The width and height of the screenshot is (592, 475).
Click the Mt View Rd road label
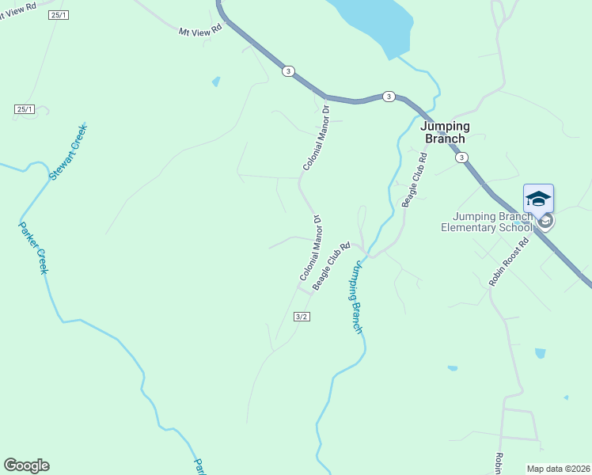pyautogui.click(x=200, y=28)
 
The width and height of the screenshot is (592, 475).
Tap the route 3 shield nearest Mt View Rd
pyautogui.click(x=287, y=71)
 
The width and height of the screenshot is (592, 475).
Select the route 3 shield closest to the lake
pyautogui.click(x=388, y=96)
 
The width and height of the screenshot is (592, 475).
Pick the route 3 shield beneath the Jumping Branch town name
pyautogui.click(x=461, y=157)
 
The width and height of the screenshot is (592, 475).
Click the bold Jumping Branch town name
pyautogui.click(x=445, y=132)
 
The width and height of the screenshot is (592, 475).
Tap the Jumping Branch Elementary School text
pyautogui.click(x=487, y=222)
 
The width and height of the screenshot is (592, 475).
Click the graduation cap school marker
pyautogui.click(x=538, y=198)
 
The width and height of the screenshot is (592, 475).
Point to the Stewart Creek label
pyautogui.click(x=68, y=151)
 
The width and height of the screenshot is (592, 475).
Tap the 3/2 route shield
pyautogui.click(x=301, y=317)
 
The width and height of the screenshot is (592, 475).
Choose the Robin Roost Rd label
pyautogui.click(x=508, y=262)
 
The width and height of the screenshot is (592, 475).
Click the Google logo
pyautogui.click(x=26, y=465)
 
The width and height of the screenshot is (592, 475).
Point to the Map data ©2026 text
pyautogui.click(x=558, y=468)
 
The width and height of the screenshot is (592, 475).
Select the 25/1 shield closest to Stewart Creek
pyautogui.click(x=25, y=108)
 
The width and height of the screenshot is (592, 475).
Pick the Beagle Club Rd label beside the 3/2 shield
pyautogui.click(x=331, y=266)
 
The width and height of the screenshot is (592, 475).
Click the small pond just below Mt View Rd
pyautogui.click(x=216, y=82)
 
